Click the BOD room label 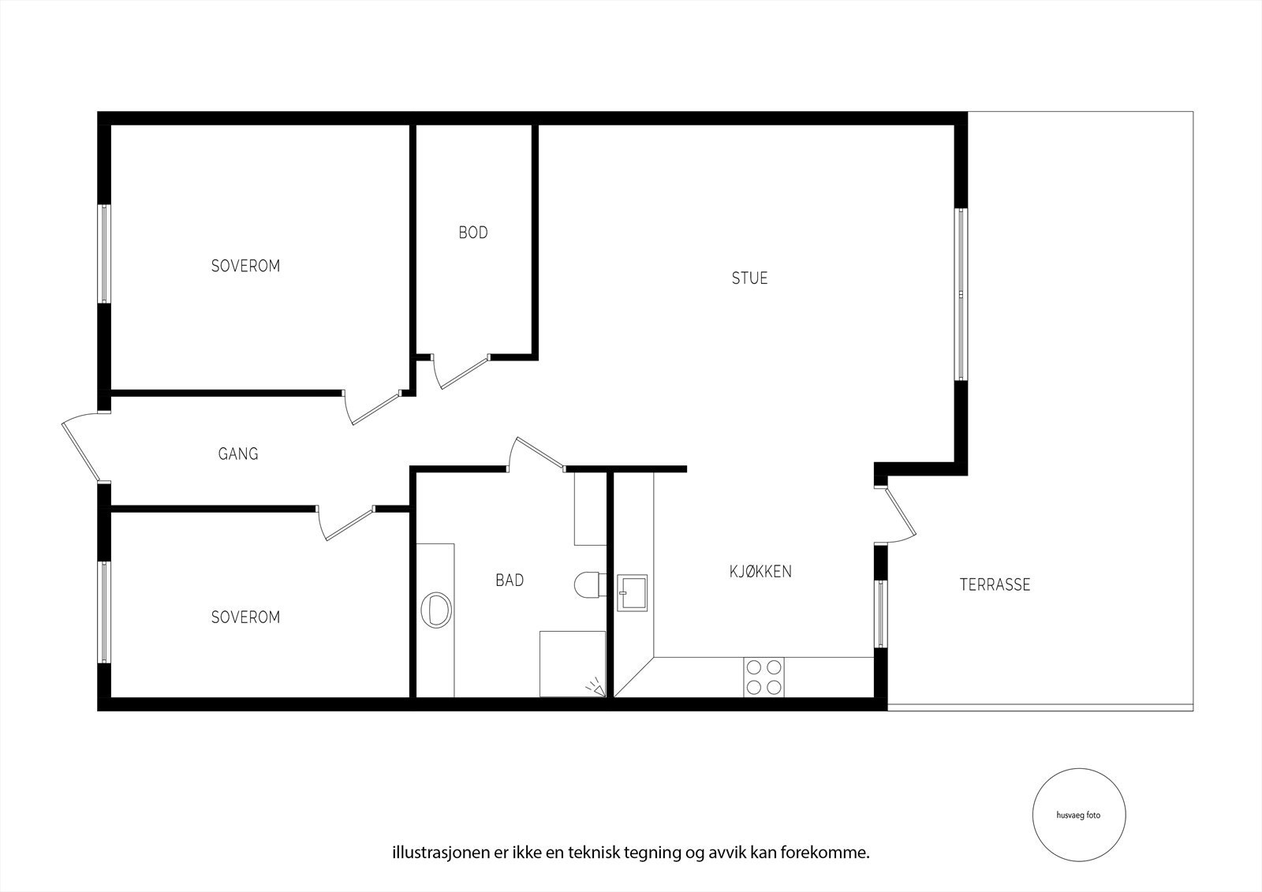point(473,233)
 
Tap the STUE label point(749,278)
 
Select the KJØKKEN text point(760,572)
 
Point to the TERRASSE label point(995,585)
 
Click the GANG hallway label point(238,454)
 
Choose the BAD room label point(510,580)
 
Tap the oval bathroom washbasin point(436,610)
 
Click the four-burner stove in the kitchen point(764,677)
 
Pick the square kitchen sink point(632,592)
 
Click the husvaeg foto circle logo point(1078,815)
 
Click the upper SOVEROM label point(245,267)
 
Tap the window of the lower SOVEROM point(103,612)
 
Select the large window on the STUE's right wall point(961,294)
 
